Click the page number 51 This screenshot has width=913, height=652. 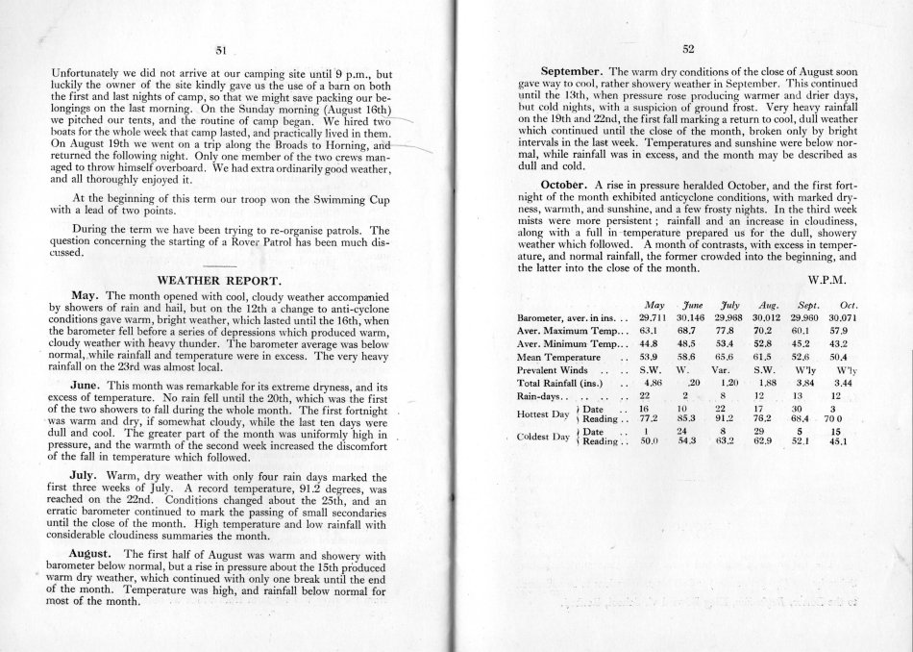221,49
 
